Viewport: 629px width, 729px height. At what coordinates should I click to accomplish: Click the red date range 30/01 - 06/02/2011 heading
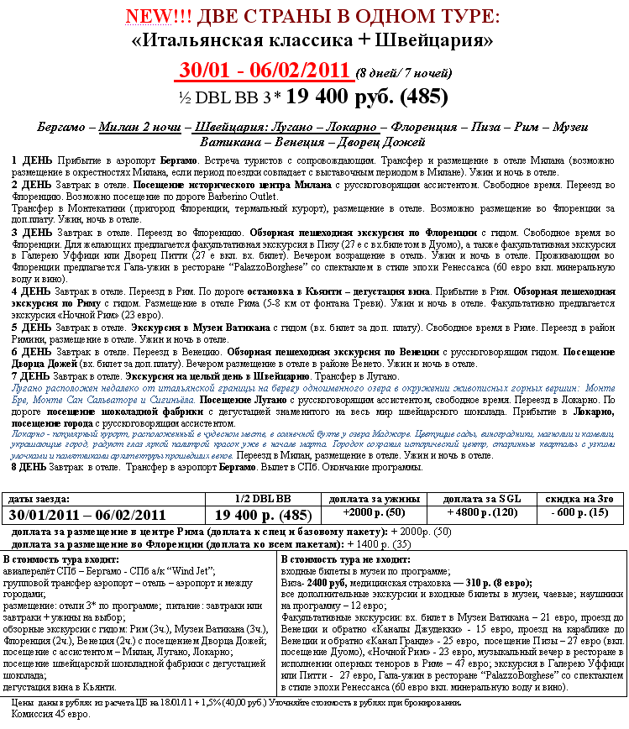(263, 70)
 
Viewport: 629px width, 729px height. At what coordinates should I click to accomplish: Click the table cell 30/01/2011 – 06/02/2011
(87, 515)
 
